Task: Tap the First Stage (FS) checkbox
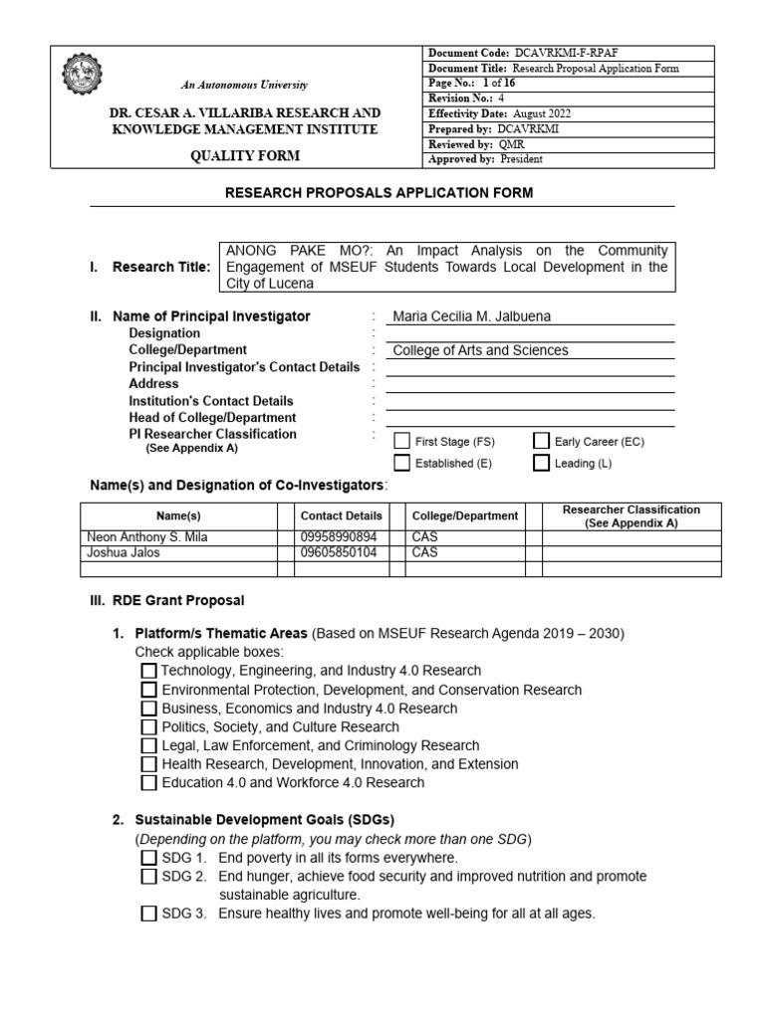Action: (x=401, y=441)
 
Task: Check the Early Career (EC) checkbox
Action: (x=542, y=441)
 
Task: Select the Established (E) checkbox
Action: (x=401, y=463)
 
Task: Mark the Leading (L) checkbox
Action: (x=542, y=463)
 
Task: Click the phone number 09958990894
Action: (x=340, y=537)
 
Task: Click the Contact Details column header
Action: (x=341, y=516)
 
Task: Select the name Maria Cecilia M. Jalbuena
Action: (x=472, y=316)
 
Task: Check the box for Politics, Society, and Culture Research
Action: (x=148, y=727)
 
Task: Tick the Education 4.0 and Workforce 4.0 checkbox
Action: (x=148, y=783)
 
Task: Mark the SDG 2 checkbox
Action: (x=148, y=877)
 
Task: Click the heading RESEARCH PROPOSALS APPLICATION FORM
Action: (x=382, y=193)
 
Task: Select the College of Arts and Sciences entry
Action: (x=481, y=350)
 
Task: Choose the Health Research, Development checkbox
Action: (x=148, y=764)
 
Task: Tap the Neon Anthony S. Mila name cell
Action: (x=148, y=537)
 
